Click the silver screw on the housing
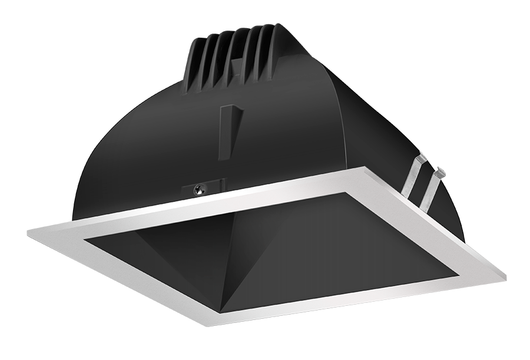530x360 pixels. click(199, 189)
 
